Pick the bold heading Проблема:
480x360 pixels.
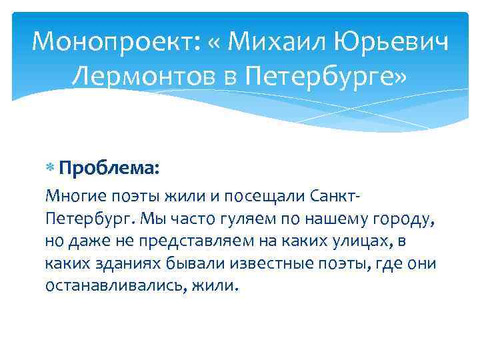pyautogui.click(x=109, y=167)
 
